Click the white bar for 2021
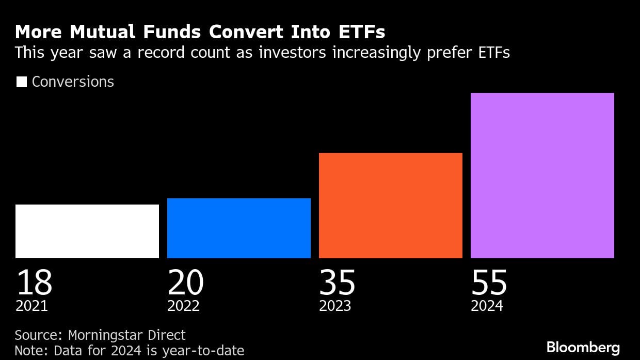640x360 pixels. [87, 231]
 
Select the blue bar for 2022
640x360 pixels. [239, 228]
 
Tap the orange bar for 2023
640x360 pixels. [391, 205]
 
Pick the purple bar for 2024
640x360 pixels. [542, 175]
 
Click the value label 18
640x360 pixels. [34, 283]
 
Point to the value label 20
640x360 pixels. [186, 283]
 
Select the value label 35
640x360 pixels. [338, 283]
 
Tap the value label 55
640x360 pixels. [489, 283]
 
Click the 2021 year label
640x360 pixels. [31, 306]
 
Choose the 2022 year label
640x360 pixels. [183, 306]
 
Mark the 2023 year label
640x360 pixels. [335, 306]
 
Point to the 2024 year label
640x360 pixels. [487, 306]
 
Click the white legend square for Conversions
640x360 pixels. [21, 82]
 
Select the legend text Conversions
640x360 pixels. [73, 82]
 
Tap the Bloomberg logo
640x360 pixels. [583, 347]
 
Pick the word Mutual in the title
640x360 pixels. [95, 33]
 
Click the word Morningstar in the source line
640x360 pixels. [108, 335]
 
